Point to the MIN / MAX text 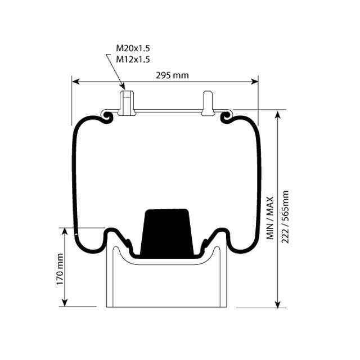(x=270, y=218)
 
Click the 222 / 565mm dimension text (x=285, y=216)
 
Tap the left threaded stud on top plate (x=127, y=102)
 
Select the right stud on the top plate (x=207, y=102)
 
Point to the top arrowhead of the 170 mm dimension (x=66, y=232)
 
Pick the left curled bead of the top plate (x=105, y=115)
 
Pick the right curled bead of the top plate (x=227, y=115)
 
